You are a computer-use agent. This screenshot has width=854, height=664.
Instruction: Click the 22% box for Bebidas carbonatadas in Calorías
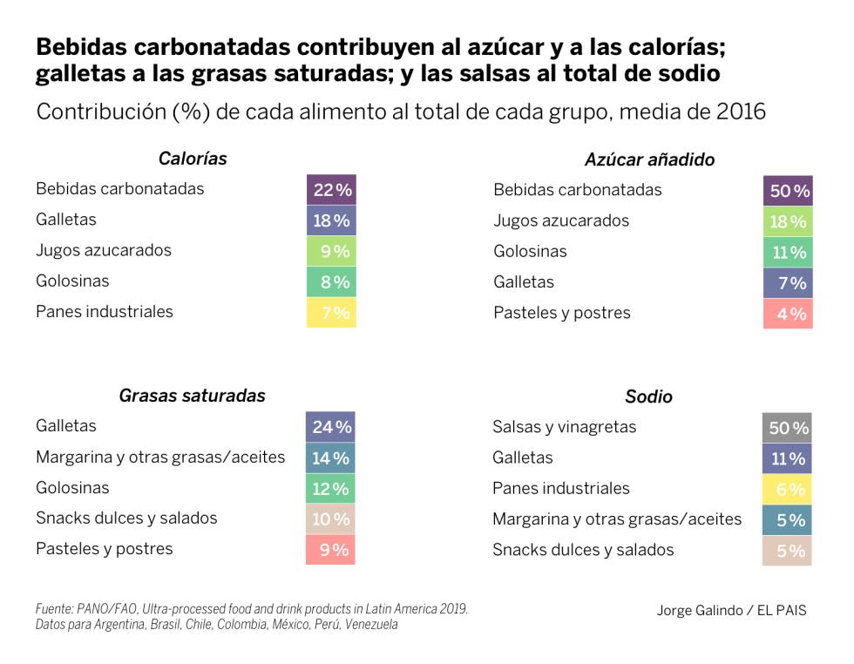click(331, 189)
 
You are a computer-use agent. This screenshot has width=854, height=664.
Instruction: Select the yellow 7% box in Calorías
click(331, 312)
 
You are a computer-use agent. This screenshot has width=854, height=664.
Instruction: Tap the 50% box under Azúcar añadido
click(788, 190)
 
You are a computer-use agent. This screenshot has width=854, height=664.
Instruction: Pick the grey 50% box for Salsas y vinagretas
click(787, 428)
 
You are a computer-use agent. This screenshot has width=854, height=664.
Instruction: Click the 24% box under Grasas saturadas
click(330, 427)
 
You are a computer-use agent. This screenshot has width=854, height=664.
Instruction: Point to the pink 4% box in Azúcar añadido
click(788, 314)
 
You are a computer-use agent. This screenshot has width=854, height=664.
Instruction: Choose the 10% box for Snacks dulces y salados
click(330, 519)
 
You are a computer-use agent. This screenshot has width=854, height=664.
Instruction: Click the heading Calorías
click(193, 159)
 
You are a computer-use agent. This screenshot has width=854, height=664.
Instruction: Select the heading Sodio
click(648, 396)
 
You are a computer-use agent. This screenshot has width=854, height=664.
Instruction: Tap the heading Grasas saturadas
click(192, 396)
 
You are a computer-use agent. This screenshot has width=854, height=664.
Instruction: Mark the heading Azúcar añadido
click(649, 159)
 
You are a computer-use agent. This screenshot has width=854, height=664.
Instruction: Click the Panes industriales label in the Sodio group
click(560, 488)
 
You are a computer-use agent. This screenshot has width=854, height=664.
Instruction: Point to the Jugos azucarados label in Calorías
click(104, 250)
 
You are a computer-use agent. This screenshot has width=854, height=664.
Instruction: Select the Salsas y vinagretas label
click(564, 427)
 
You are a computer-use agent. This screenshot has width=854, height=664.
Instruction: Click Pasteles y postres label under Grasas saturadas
click(105, 549)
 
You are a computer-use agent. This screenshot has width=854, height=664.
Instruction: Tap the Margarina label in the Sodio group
click(617, 519)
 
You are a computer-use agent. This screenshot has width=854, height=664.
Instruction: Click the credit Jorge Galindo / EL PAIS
click(731, 610)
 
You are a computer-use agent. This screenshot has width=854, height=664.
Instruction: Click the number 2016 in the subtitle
click(741, 112)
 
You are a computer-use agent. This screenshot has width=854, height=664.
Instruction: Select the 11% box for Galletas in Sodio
click(787, 458)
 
